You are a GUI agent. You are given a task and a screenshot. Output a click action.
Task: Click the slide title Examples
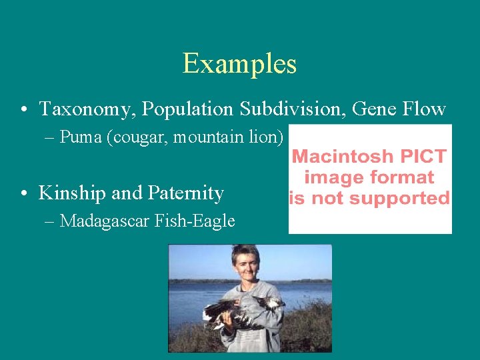click(x=239, y=64)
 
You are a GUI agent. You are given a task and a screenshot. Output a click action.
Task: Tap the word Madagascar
click(x=107, y=221)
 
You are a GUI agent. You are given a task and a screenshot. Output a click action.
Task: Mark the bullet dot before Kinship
click(x=24, y=194)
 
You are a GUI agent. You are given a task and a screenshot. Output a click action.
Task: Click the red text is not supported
click(x=369, y=198)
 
